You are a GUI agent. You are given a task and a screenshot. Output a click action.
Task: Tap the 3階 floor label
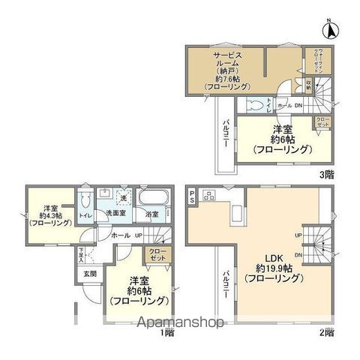pos(328,173)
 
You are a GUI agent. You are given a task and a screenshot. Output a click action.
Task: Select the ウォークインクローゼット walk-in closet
pos(317,59)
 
